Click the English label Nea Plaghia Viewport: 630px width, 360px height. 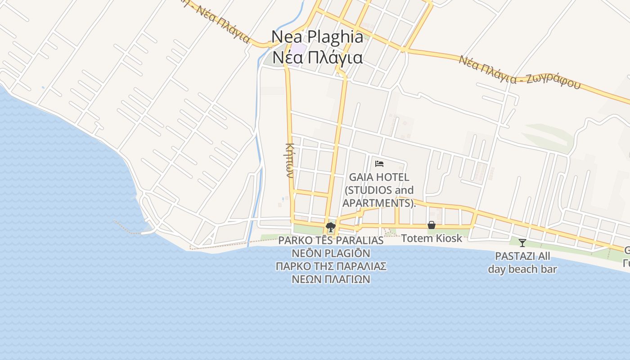[317, 37]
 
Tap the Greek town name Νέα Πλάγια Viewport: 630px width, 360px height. [318, 58]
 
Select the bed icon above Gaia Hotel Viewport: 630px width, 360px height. [379, 164]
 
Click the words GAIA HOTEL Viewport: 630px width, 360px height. [379, 177]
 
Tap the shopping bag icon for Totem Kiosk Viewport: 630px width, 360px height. [432, 225]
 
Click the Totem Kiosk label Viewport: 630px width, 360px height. [432, 238]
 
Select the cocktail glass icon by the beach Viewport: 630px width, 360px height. [522, 243]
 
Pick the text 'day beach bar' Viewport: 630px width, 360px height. [522, 270]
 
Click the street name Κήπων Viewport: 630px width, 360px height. [290, 160]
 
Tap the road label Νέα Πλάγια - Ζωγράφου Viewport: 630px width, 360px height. [520, 72]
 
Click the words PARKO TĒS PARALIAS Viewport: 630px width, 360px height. [331, 240]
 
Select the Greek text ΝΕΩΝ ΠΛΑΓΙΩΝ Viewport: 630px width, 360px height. [331, 279]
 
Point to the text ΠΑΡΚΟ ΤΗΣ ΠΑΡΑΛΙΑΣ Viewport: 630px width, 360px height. [331, 266]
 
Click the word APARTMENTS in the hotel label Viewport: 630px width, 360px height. [377, 203]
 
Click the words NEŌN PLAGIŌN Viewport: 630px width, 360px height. [331, 253]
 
